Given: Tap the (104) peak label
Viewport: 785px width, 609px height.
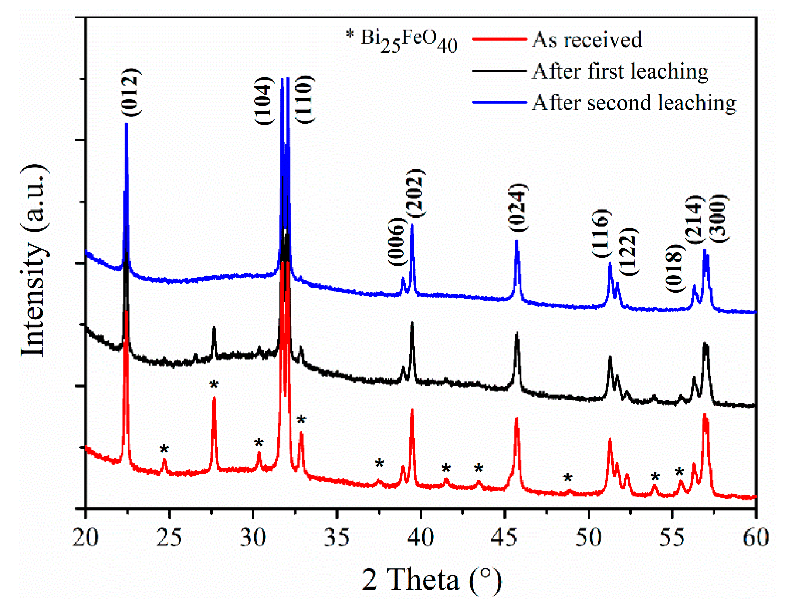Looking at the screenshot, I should tap(264, 101).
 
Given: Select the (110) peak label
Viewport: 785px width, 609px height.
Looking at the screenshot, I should tap(305, 99).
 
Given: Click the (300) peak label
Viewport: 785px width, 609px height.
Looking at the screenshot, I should tap(720, 218).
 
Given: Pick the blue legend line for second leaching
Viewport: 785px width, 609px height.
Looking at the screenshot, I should tap(500, 102).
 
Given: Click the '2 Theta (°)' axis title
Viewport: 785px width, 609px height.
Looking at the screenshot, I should tap(431, 579).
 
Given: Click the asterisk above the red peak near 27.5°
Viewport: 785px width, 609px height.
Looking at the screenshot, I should tap(214, 385).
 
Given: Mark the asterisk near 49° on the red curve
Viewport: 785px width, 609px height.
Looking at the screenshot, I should tap(568, 478).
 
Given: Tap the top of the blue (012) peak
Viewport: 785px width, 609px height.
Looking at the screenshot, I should tap(126, 124).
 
